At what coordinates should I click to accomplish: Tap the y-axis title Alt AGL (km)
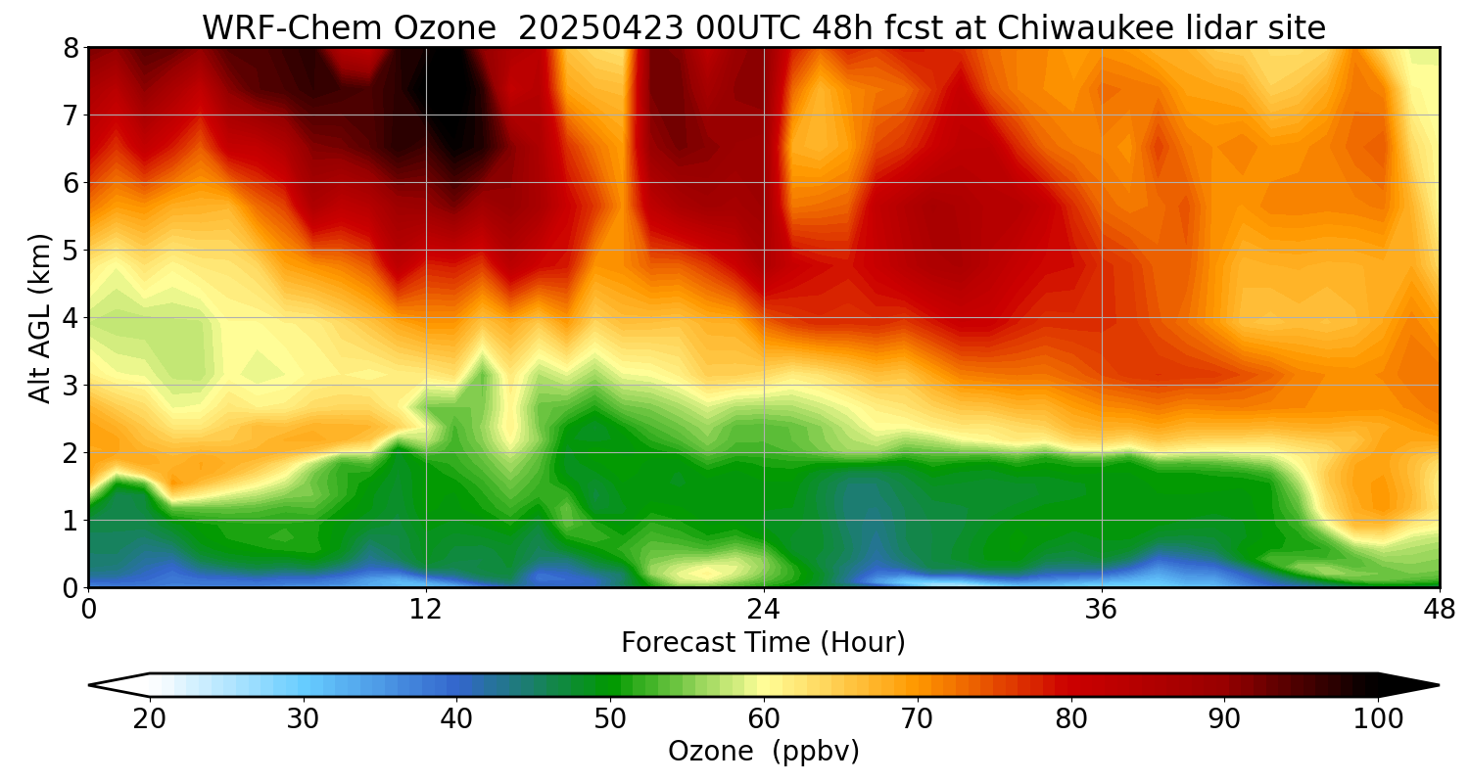coord(40,317)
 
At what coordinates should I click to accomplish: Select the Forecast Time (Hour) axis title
coord(763,643)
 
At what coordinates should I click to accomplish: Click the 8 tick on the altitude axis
coord(70,48)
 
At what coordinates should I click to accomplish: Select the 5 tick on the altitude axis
coord(70,251)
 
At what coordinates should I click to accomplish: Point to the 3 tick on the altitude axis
coord(70,386)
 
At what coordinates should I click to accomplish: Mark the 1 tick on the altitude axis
coord(70,521)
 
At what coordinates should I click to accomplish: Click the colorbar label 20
coord(150,719)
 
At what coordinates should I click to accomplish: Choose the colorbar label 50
coord(610,719)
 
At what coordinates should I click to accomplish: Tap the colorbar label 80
coord(1070,719)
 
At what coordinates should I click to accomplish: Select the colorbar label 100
coord(1378,719)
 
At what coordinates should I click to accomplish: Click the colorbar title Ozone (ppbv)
coord(763,752)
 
